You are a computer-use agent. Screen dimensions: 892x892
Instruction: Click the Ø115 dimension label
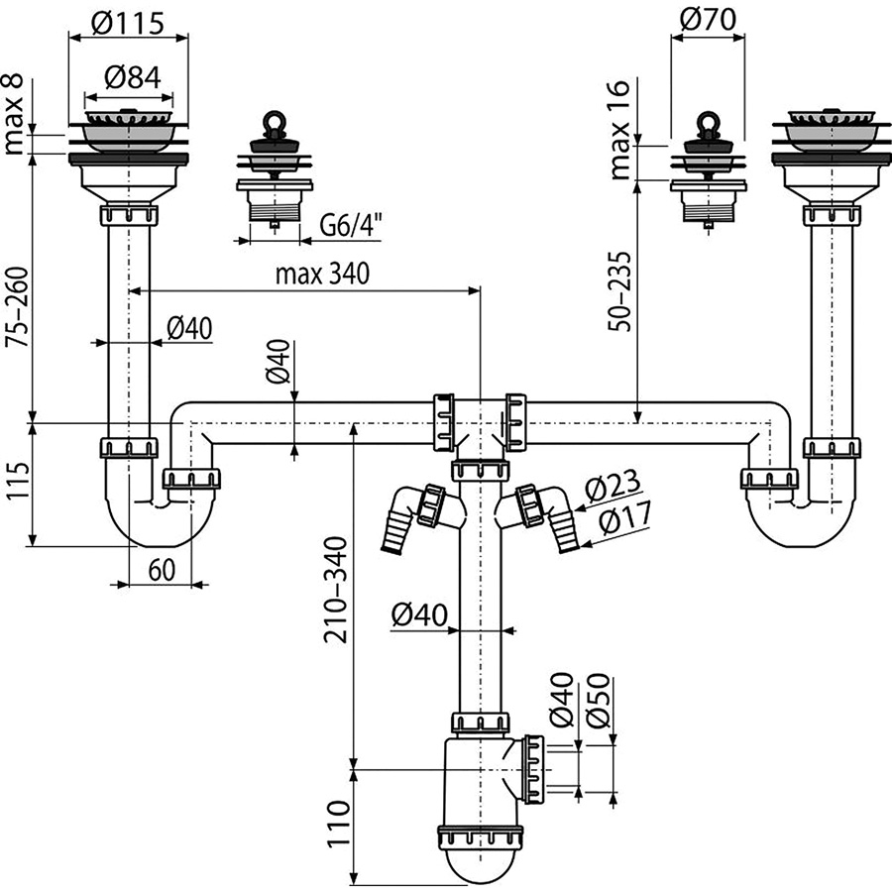coord(128,23)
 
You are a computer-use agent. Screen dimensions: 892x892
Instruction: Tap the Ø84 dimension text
coord(133,77)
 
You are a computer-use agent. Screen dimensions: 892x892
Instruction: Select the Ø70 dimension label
coord(708,20)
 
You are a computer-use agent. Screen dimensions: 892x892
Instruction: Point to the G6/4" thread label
coord(348,225)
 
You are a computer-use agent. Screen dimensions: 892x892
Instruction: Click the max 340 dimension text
coord(322,274)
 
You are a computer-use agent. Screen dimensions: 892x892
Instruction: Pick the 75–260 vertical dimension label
coord(17,306)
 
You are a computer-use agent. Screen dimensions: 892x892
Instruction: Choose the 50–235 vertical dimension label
coord(619,291)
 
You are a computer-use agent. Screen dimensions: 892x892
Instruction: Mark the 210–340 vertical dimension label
coord(335,590)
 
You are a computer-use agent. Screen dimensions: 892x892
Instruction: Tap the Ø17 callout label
coord(624,517)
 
